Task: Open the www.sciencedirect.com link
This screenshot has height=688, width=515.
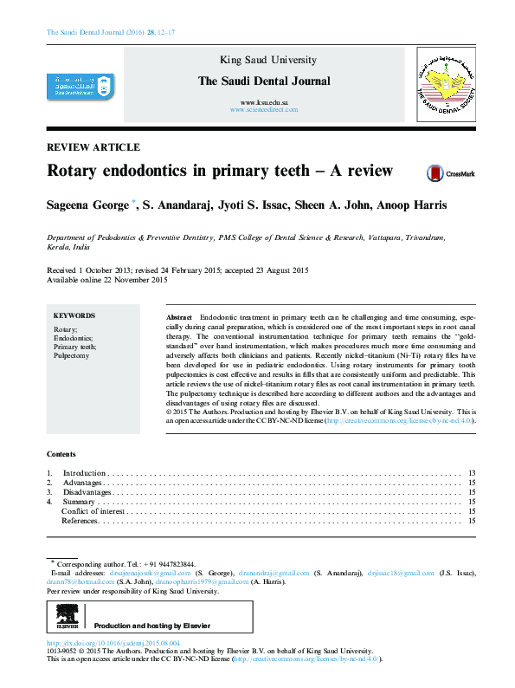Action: (x=264, y=111)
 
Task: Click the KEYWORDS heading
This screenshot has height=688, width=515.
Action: (x=74, y=316)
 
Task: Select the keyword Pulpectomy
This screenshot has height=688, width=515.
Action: (x=72, y=355)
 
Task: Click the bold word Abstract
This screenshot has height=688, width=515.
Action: (x=179, y=318)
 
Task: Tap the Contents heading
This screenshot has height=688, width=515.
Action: (x=61, y=454)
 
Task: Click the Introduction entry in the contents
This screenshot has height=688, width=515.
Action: (x=85, y=473)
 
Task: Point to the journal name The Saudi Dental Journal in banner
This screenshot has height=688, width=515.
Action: (x=264, y=81)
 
